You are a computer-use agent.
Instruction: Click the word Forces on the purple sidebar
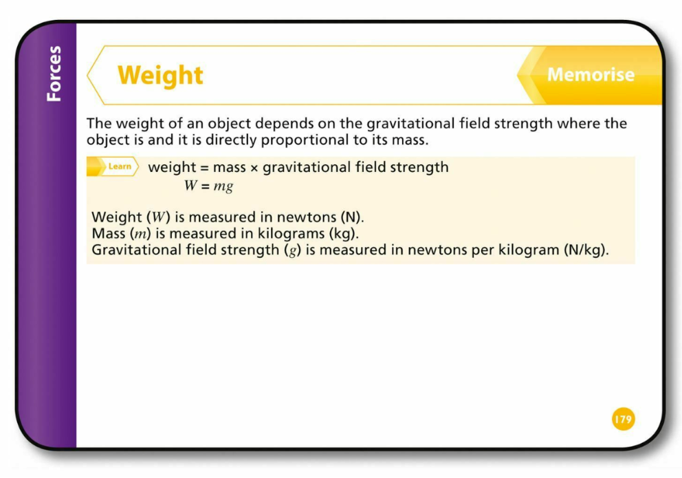click(x=54, y=74)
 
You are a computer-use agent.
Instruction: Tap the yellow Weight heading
click(x=160, y=76)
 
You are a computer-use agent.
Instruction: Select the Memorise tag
click(x=591, y=74)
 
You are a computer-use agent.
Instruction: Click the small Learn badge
click(x=113, y=166)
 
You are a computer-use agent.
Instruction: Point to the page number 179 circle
click(x=624, y=420)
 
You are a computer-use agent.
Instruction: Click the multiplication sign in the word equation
click(x=254, y=169)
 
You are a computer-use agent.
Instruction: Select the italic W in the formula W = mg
click(x=190, y=186)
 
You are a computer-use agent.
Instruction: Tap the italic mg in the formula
click(x=223, y=187)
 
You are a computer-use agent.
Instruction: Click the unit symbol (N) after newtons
click(x=351, y=217)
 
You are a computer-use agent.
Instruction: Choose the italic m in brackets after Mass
click(x=140, y=235)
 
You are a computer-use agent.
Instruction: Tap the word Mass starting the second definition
click(x=109, y=234)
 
